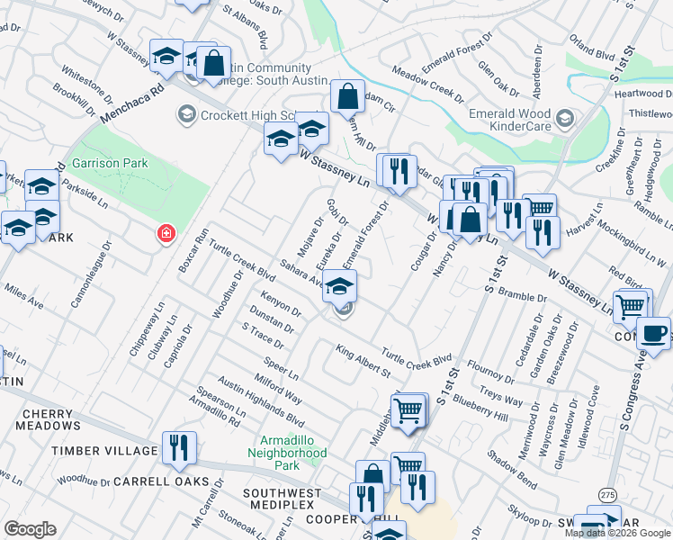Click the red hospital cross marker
[166, 234]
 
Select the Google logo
[30, 529]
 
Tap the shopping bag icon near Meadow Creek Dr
[347, 95]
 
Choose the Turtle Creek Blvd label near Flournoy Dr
[417, 356]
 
